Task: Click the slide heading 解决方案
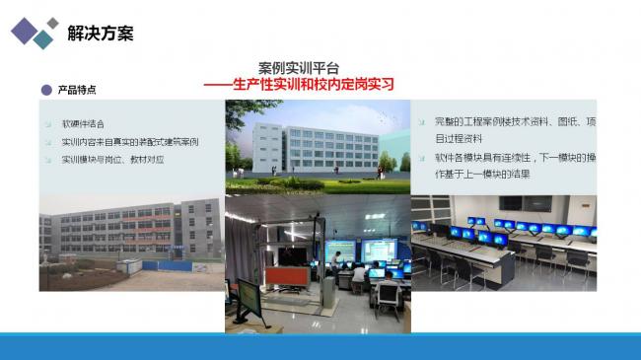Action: click(x=100, y=33)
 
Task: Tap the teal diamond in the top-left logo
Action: click(x=43, y=38)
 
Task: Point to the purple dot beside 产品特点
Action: click(x=45, y=90)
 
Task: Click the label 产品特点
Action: click(x=77, y=90)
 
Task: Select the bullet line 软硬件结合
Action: click(x=84, y=125)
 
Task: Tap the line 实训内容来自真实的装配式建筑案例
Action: click(x=129, y=142)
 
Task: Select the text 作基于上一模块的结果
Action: click(x=483, y=173)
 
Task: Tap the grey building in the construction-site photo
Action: click(x=118, y=230)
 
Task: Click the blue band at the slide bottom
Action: click(x=320, y=346)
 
